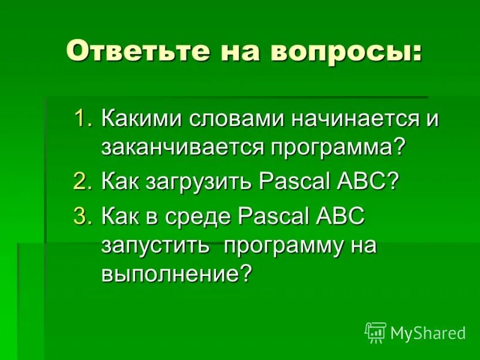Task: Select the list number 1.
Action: tap(82, 118)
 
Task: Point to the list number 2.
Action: tap(82, 182)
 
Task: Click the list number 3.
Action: tap(82, 217)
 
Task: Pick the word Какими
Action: tap(143, 118)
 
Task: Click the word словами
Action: tap(236, 118)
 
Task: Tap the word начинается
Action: tap(353, 118)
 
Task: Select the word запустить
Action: tap(154, 246)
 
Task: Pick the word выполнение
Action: tap(169, 274)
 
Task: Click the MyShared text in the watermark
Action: tap(428, 333)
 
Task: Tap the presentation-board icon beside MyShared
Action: tap(375, 332)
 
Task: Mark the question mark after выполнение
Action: tap(245, 274)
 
